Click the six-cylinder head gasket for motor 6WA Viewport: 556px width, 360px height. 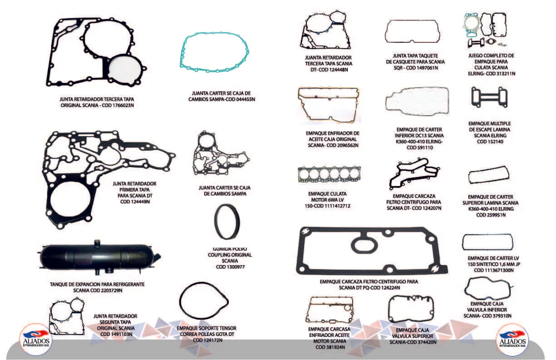click(x=329, y=174)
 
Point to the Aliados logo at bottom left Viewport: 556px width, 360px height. click(x=36, y=340)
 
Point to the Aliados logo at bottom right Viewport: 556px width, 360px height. click(x=512, y=340)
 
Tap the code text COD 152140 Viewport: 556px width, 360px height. click(x=490, y=142)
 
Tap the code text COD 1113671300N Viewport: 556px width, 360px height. click(x=494, y=270)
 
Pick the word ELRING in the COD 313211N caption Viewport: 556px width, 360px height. click(x=477, y=74)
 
